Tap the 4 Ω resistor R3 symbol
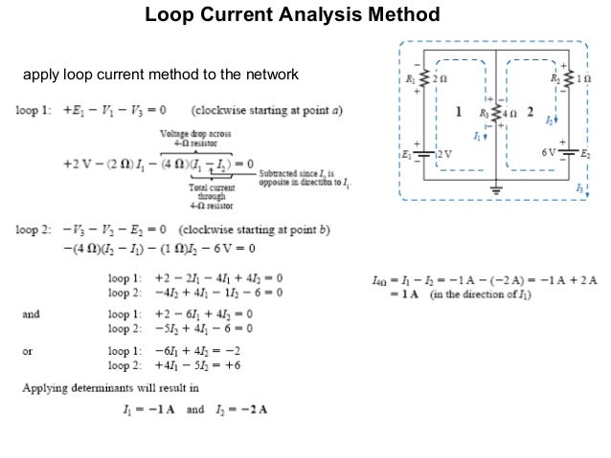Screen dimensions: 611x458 click(495, 116)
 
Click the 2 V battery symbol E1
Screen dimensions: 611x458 click(419, 152)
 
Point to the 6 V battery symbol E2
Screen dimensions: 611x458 click(573, 151)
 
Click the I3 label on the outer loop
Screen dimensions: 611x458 click(579, 189)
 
